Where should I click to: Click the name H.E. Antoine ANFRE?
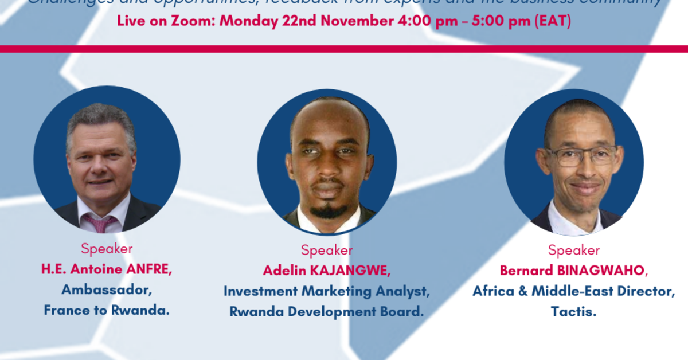(106, 269)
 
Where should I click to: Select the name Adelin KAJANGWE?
(326, 271)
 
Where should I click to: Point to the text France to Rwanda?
(106, 311)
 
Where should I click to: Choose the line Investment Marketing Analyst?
(326, 291)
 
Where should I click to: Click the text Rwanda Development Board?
(326, 312)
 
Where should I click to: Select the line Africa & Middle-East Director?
(573, 291)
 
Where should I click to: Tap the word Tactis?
(573, 312)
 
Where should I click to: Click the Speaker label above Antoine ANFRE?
(106, 249)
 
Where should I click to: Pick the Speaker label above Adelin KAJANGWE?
(326, 251)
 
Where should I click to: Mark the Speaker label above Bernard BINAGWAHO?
(573, 251)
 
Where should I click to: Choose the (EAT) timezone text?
(552, 22)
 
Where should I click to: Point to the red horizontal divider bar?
(344, 49)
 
